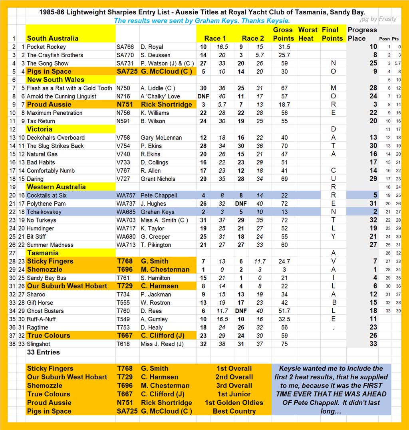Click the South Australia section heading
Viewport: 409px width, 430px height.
tap(52, 38)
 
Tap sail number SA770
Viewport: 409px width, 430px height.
tap(125, 55)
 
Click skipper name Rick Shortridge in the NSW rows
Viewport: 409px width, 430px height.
tap(166, 104)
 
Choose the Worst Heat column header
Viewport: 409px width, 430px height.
tap(308, 34)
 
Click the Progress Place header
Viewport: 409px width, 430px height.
tap(362, 34)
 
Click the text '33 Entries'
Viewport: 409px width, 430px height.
tap(44, 352)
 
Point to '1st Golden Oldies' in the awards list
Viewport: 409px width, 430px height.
tap(234, 402)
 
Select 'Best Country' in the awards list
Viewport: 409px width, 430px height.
tap(234, 411)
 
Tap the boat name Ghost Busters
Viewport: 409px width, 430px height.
tap(45, 311)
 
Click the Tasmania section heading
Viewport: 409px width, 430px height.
tap(43, 253)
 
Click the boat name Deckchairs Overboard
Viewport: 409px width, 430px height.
tap(56, 138)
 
